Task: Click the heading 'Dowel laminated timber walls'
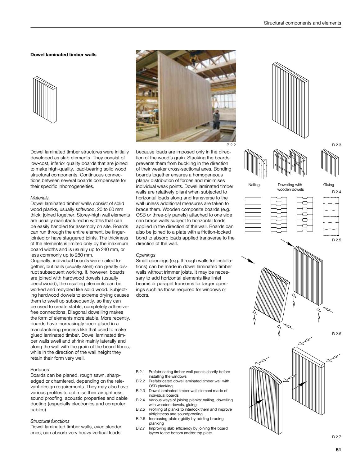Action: coord(63,55)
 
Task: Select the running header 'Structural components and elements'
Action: coord(302,23)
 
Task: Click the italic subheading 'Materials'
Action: coord(39,198)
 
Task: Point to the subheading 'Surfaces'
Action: coord(39,370)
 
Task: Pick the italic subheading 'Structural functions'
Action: coord(50,421)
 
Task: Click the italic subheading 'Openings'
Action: coord(146,255)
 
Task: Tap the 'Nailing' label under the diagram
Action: coord(254,185)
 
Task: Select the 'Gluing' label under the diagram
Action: coord(328,185)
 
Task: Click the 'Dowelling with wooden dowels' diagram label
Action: coord(290,187)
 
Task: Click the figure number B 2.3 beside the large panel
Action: coord(336,145)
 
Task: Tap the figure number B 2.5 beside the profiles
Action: coord(336,240)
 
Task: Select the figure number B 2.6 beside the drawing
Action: coord(336,334)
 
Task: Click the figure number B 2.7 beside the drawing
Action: coord(336,437)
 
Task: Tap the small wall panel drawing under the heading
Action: coord(45,100)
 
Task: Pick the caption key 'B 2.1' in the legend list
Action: coord(141,372)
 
